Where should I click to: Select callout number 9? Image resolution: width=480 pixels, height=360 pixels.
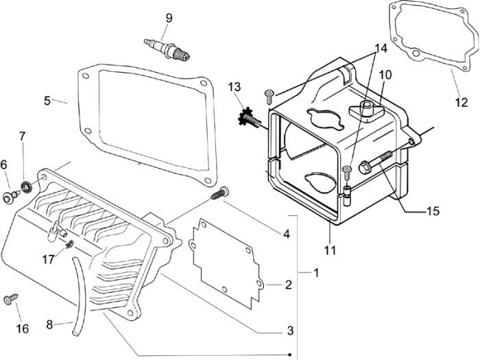click(x=167, y=16)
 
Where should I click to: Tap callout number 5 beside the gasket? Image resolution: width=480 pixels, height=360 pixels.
click(x=47, y=100)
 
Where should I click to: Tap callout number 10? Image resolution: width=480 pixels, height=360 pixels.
click(x=385, y=73)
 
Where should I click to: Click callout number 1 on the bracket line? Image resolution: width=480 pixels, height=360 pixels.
click(x=315, y=273)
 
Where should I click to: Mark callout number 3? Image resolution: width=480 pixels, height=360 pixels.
click(x=290, y=330)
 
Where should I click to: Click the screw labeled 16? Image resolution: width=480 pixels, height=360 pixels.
click(x=12, y=300)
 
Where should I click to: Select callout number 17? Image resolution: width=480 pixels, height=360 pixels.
click(x=47, y=259)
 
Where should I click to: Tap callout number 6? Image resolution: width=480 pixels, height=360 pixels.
click(x=3, y=165)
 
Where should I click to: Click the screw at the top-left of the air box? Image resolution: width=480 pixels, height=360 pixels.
click(x=268, y=92)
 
